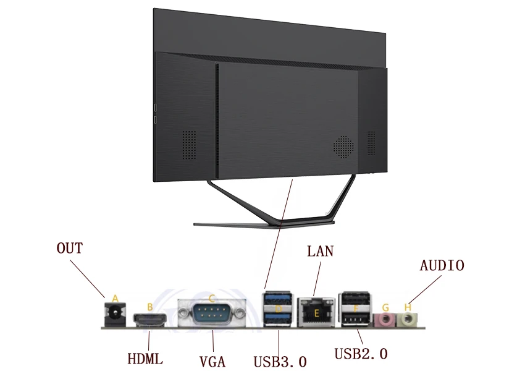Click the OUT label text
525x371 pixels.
(x=69, y=249)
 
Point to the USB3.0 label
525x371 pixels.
(x=280, y=361)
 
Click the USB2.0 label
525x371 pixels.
(x=361, y=354)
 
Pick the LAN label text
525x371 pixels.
(x=320, y=251)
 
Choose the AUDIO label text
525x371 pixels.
(x=442, y=266)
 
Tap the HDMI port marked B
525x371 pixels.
(x=149, y=320)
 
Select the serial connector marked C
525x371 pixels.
(x=212, y=313)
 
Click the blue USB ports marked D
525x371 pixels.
(x=278, y=309)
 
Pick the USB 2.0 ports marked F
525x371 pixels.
(x=356, y=309)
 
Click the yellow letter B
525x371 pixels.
(x=149, y=307)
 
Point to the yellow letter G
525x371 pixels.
(x=385, y=307)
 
